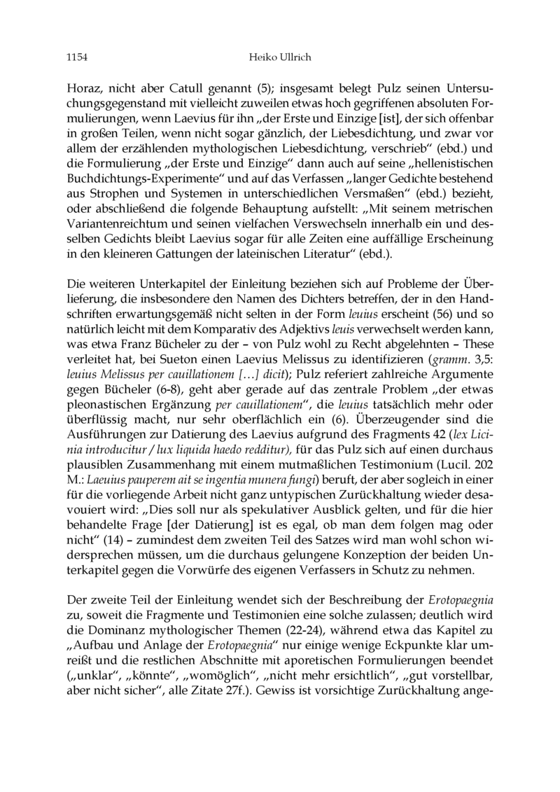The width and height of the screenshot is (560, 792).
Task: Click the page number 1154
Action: [67, 58]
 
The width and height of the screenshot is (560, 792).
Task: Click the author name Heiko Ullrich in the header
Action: [280, 58]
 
